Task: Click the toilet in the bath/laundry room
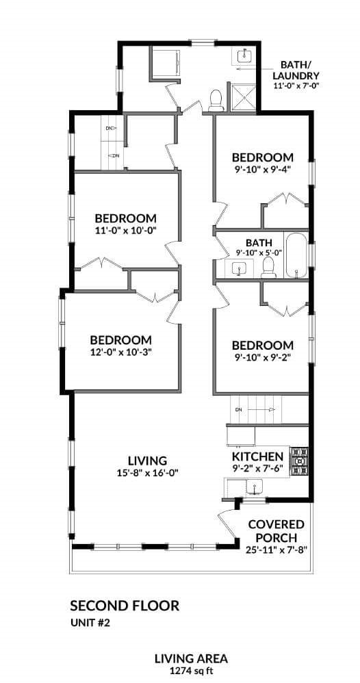tap(217, 101)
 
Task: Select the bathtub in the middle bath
tap(296, 257)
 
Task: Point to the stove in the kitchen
tap(298, 461)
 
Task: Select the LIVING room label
tap(148, 460)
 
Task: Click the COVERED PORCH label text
tap(276, 530)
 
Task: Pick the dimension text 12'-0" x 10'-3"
tap(121, 353)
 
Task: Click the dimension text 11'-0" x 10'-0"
tap(127, 231)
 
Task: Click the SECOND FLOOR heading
tap(125, 606)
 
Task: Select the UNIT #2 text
tap(92, 622)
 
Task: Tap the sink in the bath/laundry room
tap(245, 55)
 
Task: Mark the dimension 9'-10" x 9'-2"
tap(262, 358)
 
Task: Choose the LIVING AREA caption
tap(190, 659)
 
